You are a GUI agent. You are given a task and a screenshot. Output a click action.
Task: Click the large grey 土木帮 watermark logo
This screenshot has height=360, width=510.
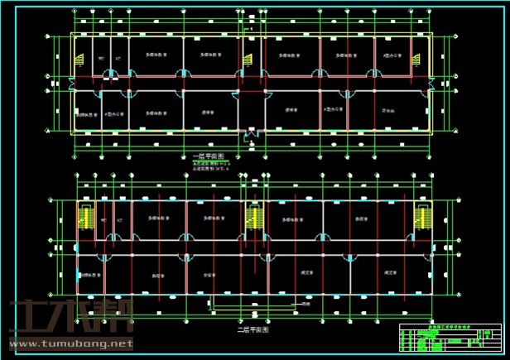70,318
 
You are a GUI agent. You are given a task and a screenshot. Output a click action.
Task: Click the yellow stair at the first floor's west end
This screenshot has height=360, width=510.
80,60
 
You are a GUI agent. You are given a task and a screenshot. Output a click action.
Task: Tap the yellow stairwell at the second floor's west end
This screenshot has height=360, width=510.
84,217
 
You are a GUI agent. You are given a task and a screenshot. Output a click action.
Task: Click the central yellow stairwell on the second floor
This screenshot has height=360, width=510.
253,218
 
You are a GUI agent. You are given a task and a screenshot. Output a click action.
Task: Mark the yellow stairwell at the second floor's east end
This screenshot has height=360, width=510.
421,217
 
